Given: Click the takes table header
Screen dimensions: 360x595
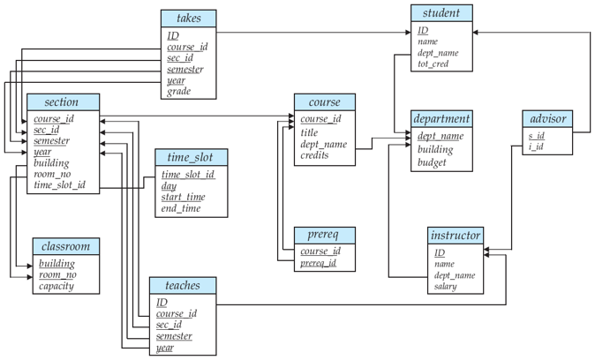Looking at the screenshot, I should tap(188, 18).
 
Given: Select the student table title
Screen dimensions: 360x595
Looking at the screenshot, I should tap(441, 13).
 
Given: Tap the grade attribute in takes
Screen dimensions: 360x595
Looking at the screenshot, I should tap(179, 91).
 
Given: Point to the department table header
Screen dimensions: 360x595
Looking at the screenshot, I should tap(441, 118).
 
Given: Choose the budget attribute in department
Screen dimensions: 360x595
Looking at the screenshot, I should tap(433, 162).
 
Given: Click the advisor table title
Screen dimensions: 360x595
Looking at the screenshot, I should tap(547, 118).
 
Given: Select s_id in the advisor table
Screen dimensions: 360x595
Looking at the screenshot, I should tap(536, 136).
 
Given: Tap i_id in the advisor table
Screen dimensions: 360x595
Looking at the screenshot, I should tap(536, 148).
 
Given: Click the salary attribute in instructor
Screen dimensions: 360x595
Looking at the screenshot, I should tap(445, 287).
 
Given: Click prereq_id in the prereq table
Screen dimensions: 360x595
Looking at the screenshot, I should tap(319, 264).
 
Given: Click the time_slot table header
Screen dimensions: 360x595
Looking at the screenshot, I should tap(191, 157).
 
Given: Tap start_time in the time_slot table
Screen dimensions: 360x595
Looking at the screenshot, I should tap(182, 197).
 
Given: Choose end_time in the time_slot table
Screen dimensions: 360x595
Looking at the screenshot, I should tap(180, 209).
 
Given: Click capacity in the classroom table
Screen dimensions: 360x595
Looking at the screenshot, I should tap(56, 287).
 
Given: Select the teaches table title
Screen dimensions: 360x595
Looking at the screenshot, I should tap(182, 285).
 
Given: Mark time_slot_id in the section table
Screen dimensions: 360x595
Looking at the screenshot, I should tap(60, 185).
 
